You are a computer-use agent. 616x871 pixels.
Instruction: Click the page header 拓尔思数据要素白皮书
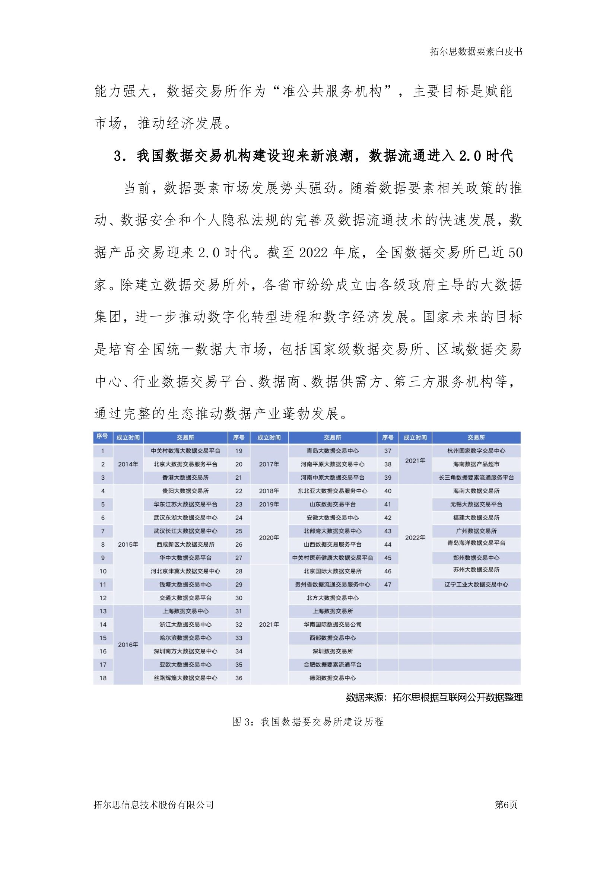(x=476, y=52)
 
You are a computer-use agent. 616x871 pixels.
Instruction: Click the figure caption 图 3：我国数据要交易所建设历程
(x=308, y=722)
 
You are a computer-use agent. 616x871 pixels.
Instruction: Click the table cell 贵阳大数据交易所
(x=185, y=491)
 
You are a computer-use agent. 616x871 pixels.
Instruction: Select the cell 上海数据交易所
(x=332, y=611)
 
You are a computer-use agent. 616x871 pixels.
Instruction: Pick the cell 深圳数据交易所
(x=332, y=651)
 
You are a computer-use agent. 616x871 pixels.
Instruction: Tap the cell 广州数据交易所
(x=476, y=531)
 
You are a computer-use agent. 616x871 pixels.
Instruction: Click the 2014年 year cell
(x=128, y=464)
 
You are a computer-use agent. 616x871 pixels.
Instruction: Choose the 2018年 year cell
(x=269, y=491)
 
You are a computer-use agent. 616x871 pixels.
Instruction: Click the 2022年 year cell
(x=415, y=538)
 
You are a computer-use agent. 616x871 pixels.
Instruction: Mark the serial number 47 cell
(x=388, y=585)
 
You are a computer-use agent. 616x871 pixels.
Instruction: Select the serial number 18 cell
(x=103, y=678)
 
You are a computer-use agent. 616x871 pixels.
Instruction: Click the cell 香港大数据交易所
(x=185, y=478)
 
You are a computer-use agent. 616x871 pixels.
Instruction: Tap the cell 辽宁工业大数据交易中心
(x=476, y=585)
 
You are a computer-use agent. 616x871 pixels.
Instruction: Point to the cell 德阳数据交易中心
(x=332, y=678)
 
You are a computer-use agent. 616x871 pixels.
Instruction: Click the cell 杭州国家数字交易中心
(x=476, y=451)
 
